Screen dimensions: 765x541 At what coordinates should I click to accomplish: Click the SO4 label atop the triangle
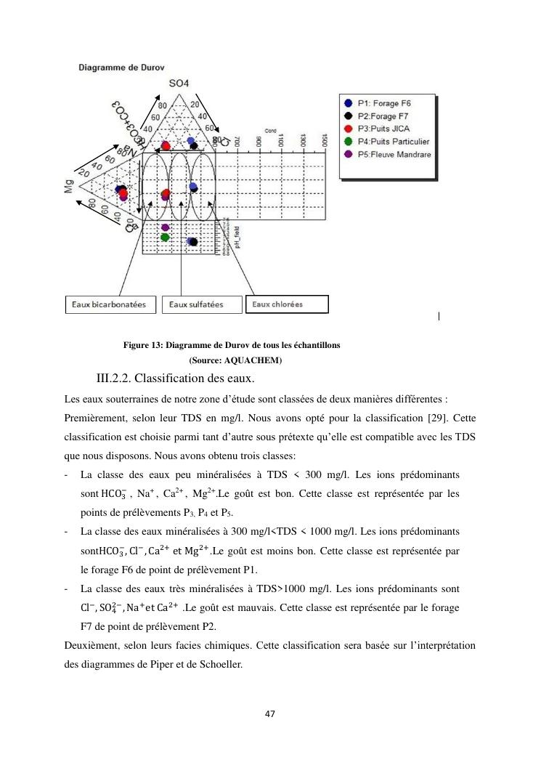tap(179, 84)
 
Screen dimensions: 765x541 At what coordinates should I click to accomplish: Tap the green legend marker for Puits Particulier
tap(349, 142)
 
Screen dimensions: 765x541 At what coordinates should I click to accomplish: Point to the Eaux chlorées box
tap(287, 304)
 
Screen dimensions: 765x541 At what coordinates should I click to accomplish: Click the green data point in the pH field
tap(166, 237)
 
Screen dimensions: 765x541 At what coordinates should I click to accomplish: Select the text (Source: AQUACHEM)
tap(235, 360)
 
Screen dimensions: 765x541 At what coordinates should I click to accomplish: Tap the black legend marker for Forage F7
tap(349, 116)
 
